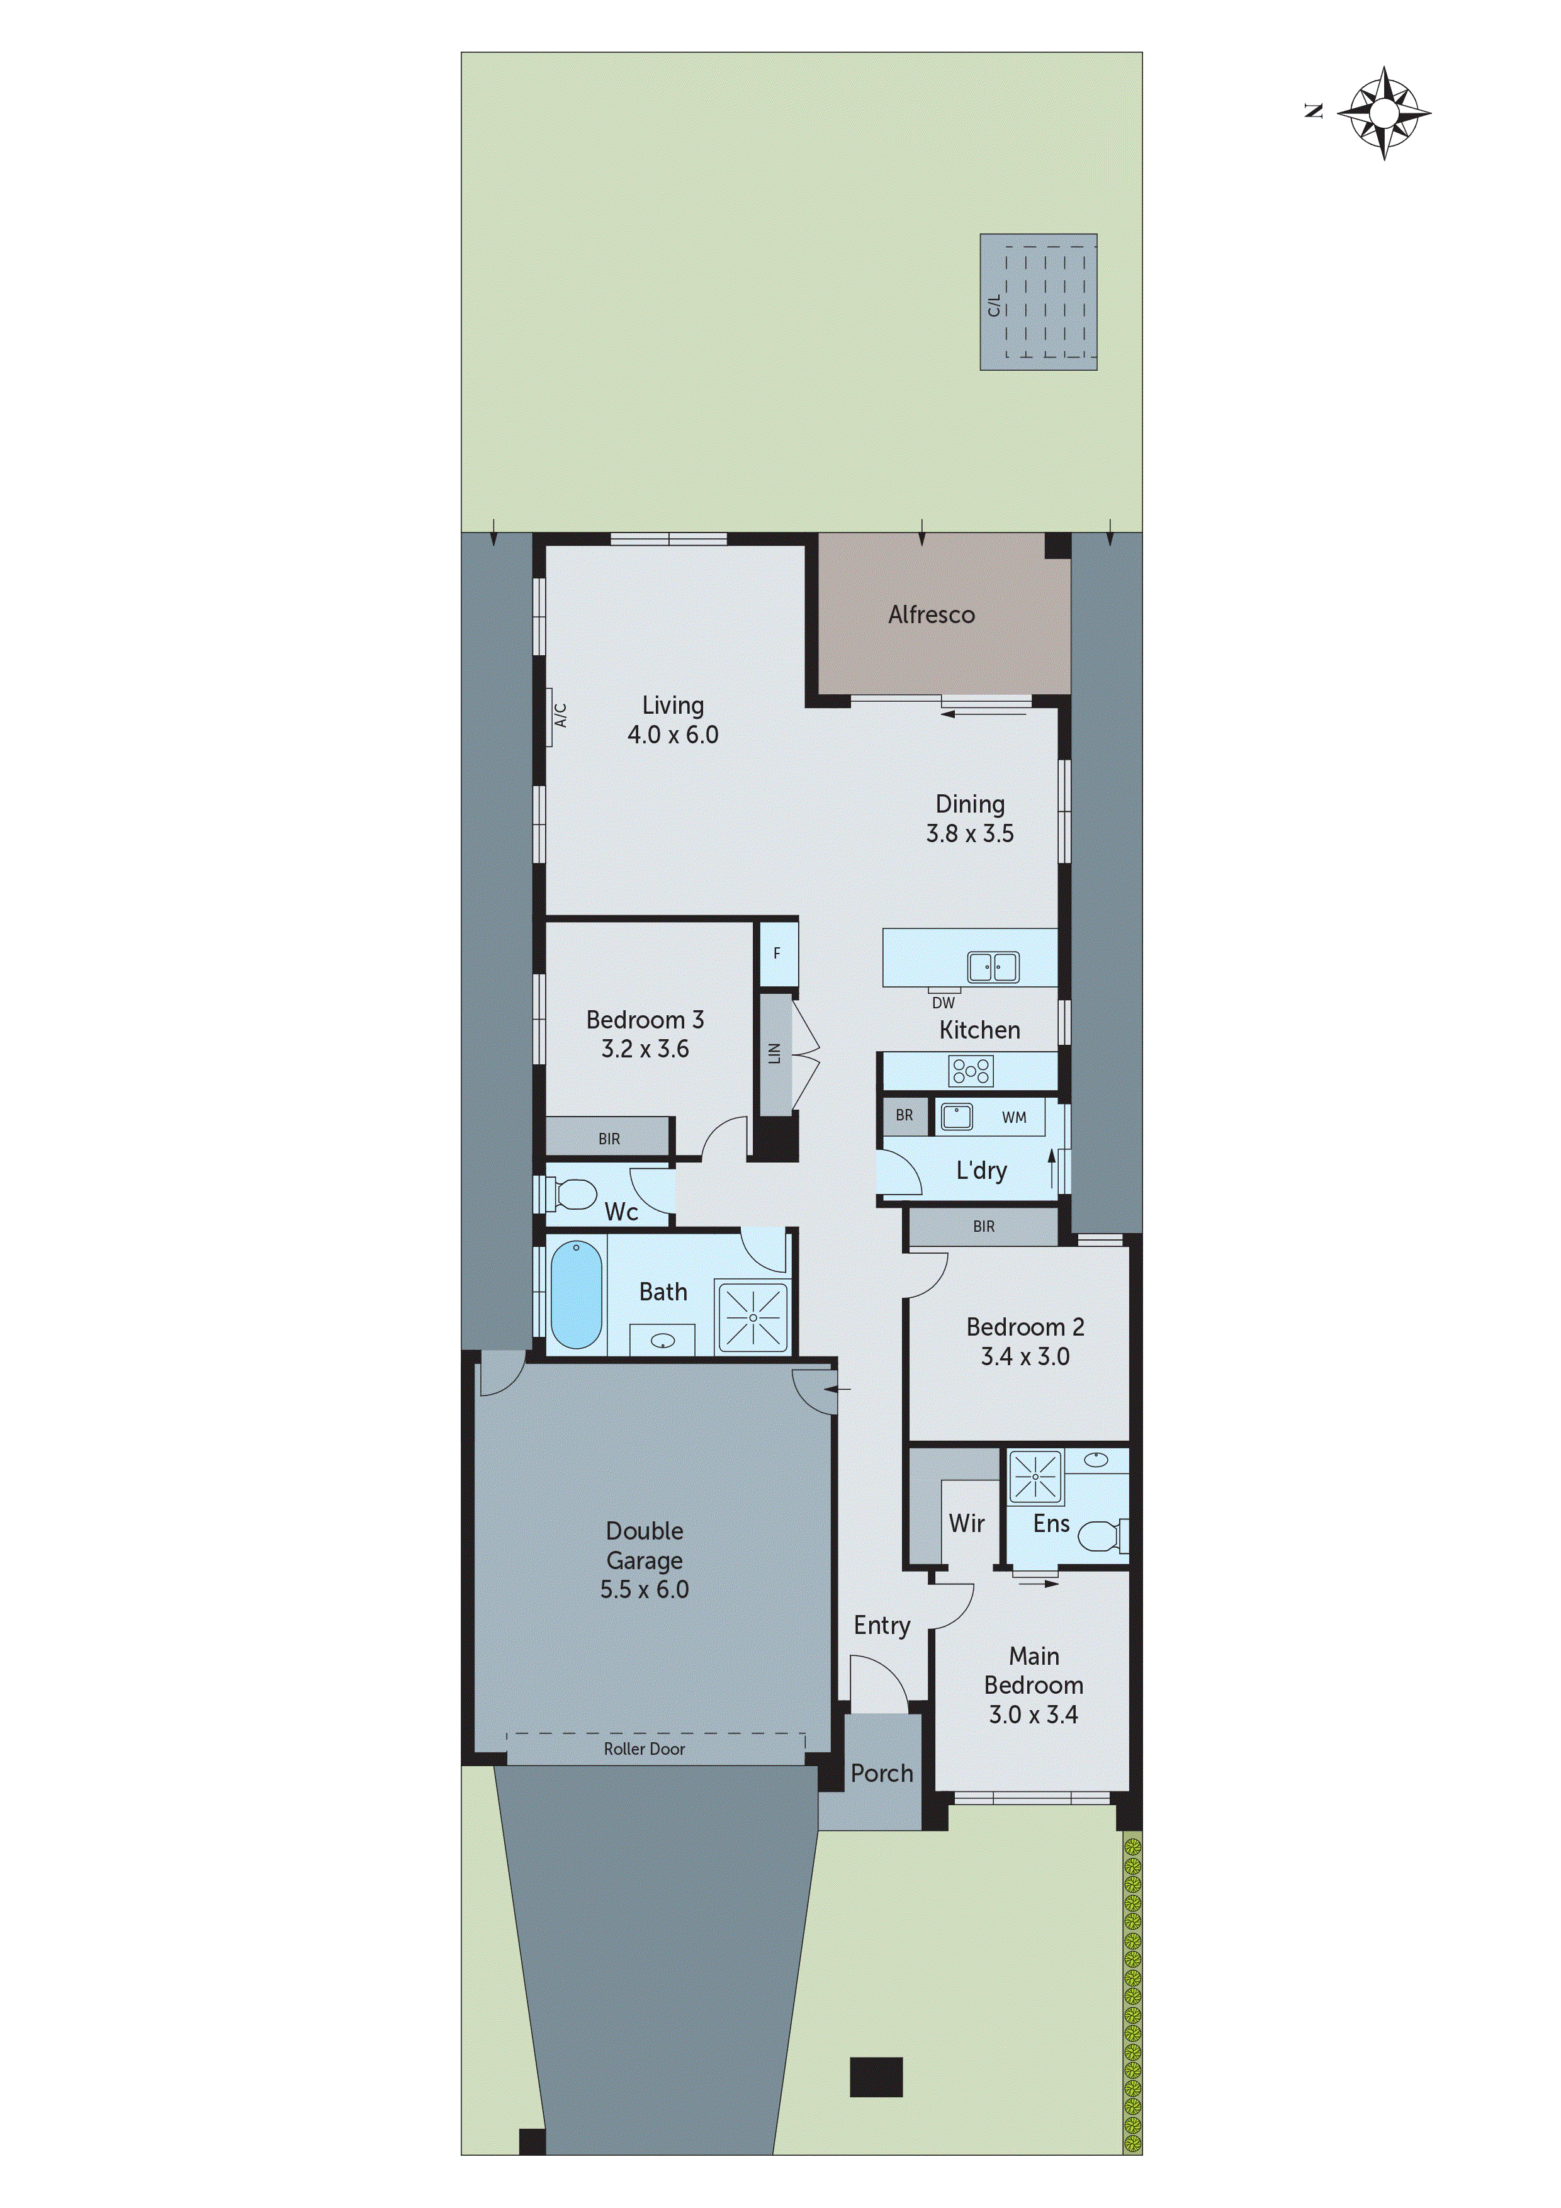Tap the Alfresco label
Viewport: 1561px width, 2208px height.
pos(931,614)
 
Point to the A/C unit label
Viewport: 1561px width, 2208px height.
pos(561,714)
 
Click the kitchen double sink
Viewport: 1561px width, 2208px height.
pos(993,967)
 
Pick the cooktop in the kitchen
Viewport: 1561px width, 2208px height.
pos(971,1071)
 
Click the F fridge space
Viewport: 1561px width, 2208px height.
pos(777,953)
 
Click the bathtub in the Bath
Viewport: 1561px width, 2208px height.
pos(575,1295)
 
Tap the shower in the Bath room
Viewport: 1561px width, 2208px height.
pos(752,1317)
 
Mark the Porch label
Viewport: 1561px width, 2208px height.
pos(881,1773)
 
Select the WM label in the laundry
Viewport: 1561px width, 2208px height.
pos(1014,1117)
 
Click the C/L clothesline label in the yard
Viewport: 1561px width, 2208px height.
pos(993,305)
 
